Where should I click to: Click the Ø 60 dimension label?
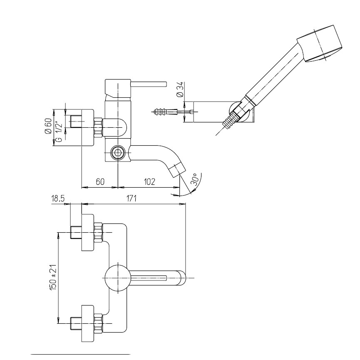click(49, 125)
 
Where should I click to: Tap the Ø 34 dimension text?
click(180, 89)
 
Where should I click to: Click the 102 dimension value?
click(149, 182)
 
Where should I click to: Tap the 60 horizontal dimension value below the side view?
click(100, 182)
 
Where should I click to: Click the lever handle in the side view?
click(148, 84)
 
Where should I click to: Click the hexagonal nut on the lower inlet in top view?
click(98, 324)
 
